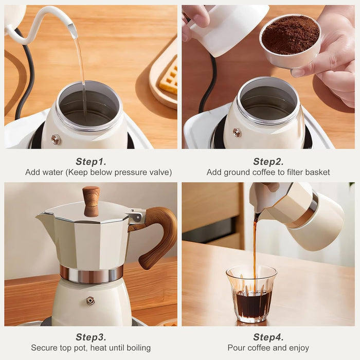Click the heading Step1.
91,161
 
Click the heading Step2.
268,161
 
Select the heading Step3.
91,337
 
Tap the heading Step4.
268,337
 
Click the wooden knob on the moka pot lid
91,200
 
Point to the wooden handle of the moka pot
159,237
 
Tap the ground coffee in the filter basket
290,35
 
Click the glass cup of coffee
251,296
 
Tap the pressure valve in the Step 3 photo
91,300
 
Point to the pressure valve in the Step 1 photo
56,139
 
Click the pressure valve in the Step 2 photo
237,133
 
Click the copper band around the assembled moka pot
91,274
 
